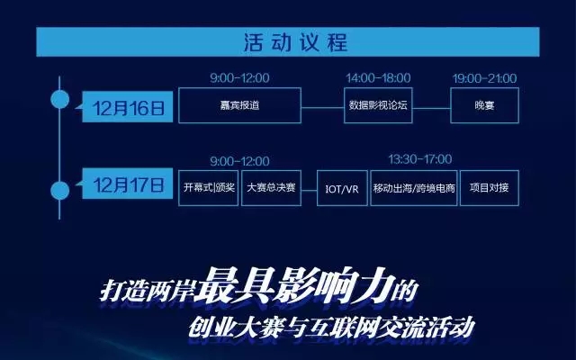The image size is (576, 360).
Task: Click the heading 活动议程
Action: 296,42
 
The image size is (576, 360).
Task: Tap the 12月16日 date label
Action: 128,107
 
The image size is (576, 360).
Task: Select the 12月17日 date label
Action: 128,184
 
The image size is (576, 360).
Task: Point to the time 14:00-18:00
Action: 378,78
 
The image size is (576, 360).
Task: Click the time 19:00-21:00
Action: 484,78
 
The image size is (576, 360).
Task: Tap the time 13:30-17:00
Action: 420,159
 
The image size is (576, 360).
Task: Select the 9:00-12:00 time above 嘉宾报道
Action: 239,78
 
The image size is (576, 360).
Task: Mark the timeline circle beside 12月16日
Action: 59,99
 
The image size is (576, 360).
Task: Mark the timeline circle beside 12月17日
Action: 59,190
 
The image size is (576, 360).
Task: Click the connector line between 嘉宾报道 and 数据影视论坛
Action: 322,108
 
